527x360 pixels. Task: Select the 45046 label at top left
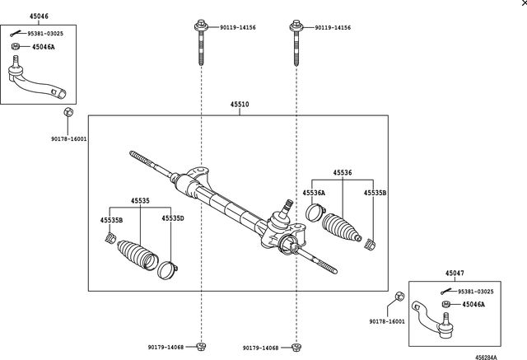click(39, 16)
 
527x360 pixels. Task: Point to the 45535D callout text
click(172, 218)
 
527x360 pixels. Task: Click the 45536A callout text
click(313, 193)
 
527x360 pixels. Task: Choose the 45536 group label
click(343, 173)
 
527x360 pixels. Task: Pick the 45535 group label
click(140, 200)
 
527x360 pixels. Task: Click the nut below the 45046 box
click(69, 113)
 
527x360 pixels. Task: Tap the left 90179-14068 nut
click(201, 346)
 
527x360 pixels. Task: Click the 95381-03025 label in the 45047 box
click(478, 292)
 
